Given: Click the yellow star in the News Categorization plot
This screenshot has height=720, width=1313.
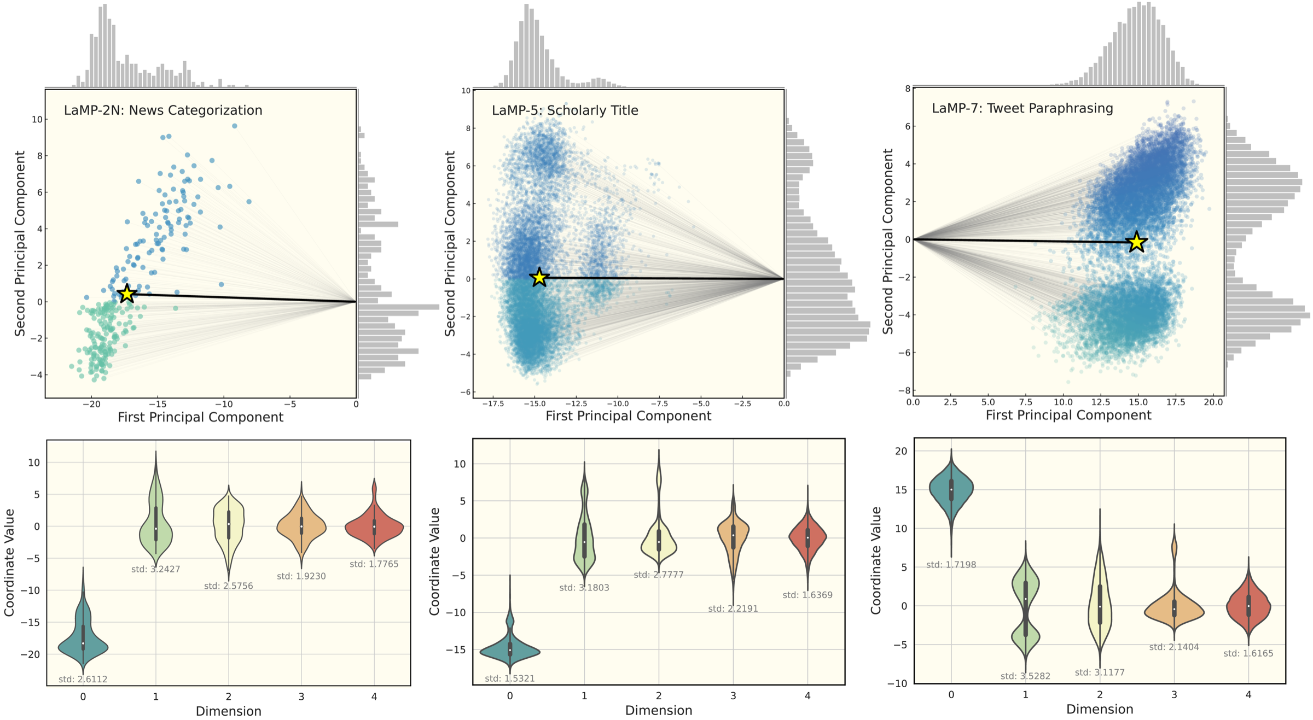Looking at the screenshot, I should [x=127, y=294].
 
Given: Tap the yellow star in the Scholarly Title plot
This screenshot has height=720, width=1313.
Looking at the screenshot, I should [x=539, y=278].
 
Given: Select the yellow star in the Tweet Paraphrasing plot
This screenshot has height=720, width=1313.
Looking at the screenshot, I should [x=1137, y=242].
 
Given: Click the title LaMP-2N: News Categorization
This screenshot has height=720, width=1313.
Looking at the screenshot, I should [x=163, y=110].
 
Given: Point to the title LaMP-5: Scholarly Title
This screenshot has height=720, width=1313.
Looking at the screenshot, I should [x=565, y=110].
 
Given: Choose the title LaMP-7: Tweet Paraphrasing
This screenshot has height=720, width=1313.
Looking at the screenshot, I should [x=1022, y=108].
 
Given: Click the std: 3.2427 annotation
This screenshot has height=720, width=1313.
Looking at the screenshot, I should [x=155, y=569].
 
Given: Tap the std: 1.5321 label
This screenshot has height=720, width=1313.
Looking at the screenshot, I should [x=509, y=678].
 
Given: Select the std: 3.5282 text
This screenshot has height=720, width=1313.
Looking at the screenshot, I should [x=1025, y=676].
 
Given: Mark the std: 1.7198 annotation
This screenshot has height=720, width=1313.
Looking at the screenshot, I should [x=951, y=565].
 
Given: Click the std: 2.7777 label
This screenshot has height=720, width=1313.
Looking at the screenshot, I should [x=659, y=575].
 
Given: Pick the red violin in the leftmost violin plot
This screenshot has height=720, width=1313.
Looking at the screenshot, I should [x=374, y=527].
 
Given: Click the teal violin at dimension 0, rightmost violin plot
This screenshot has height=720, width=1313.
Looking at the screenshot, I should [x=951, y=489].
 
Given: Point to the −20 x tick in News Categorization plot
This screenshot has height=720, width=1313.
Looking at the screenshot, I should [x=91, y=405].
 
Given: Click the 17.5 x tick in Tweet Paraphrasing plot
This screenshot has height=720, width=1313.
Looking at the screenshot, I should [x=1175, y=402].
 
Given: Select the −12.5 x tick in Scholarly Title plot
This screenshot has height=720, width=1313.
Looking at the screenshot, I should [x=576, y=404].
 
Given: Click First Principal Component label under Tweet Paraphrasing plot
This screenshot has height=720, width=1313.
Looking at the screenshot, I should [x=1068, y=415].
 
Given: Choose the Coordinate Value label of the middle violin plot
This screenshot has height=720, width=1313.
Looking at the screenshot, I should [x=434, y=561].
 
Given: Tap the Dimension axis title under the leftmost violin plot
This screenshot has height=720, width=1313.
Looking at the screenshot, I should [x=228, y=711].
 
